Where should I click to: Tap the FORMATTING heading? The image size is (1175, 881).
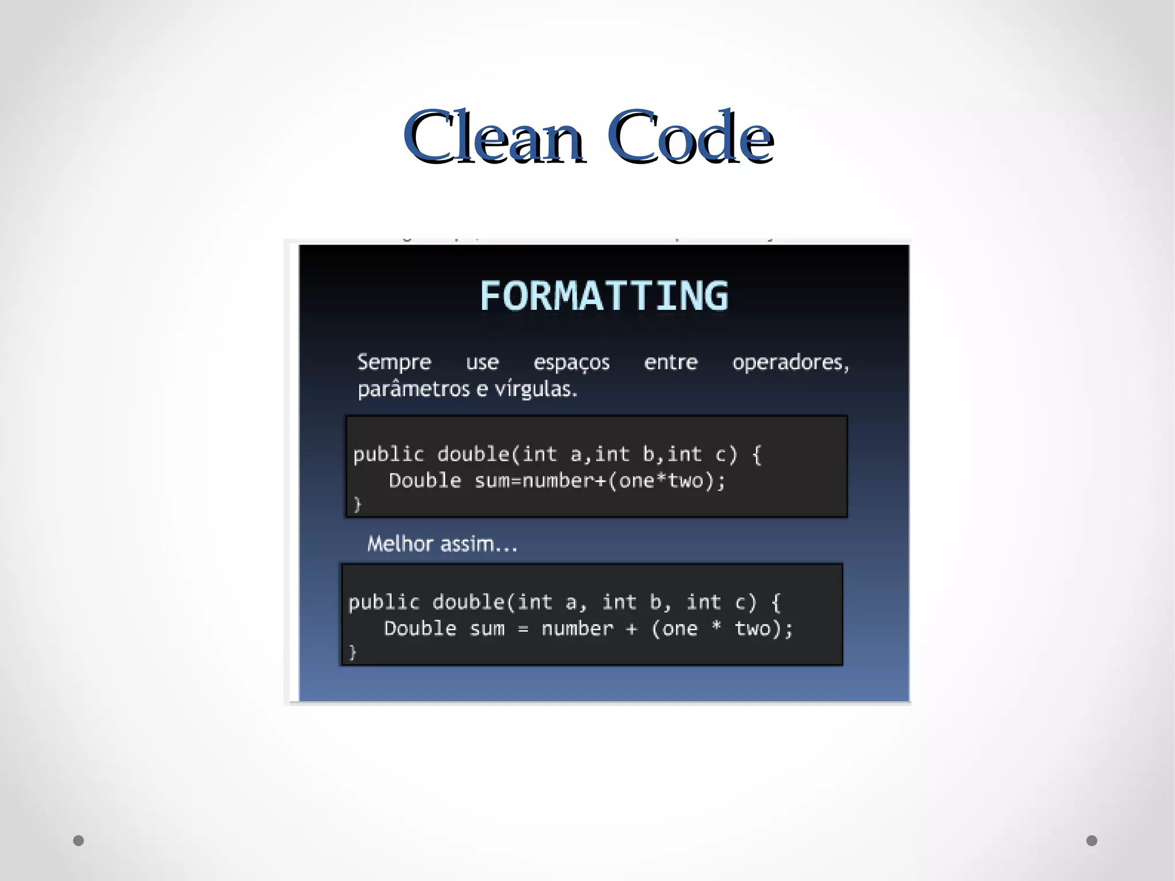click(604, 296)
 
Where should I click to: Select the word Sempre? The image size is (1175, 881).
click(394, 362)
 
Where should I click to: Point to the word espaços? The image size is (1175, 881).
click(571, 363)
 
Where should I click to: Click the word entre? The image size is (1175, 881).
click(671, 362)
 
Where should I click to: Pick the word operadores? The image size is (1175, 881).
click(790, 363)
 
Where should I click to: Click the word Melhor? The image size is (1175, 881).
click(400, 544)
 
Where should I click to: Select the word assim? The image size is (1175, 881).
click(478, 544)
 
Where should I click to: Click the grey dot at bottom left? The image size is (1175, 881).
click(79, 841)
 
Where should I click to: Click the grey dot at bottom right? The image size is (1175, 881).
click(1092, 841)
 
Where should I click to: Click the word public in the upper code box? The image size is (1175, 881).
click(388, 455)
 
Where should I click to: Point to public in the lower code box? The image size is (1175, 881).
click(384, 603)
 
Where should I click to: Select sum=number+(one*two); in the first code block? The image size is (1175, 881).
click(600, 481)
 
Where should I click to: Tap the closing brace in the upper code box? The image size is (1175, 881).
click(357, 504)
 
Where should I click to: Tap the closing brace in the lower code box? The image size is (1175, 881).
click(353, 653)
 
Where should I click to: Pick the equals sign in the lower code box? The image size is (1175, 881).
click(523, 630)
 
